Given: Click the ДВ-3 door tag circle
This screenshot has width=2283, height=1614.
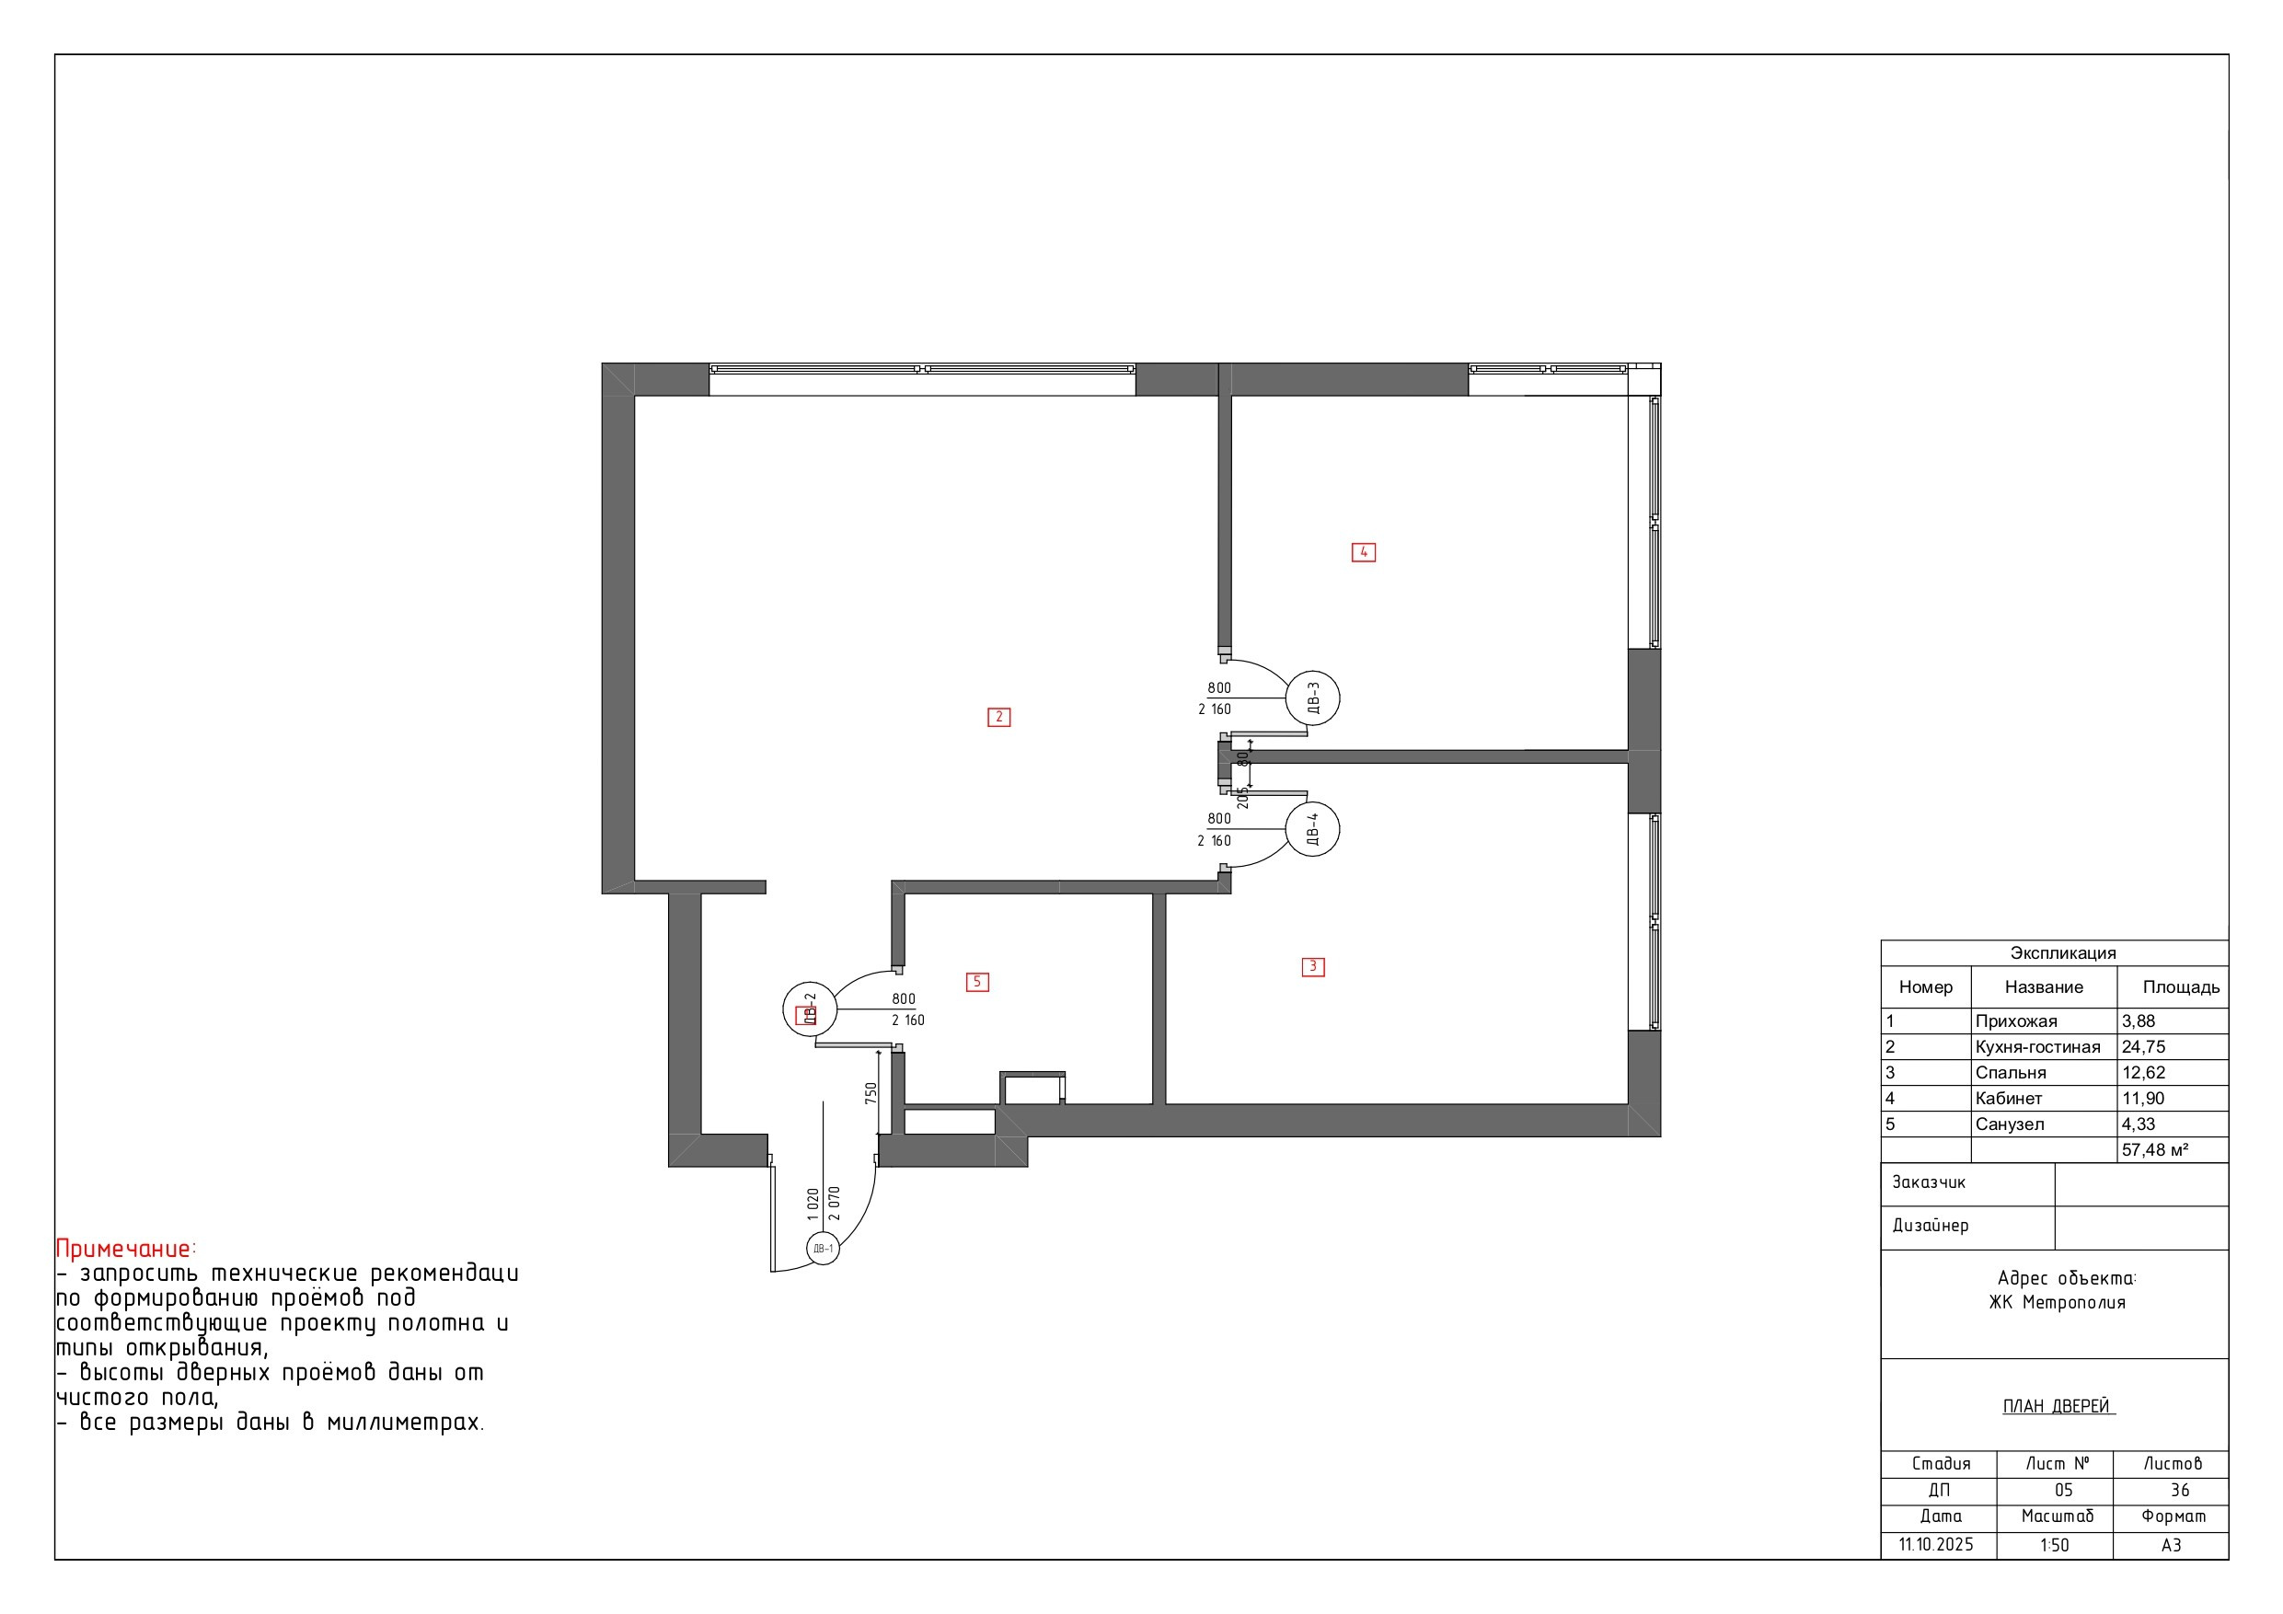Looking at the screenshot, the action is (1312, 698).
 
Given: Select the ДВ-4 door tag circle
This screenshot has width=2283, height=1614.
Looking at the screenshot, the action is (1312, 829).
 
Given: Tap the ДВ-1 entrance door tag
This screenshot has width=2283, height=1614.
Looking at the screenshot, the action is (823, 1248).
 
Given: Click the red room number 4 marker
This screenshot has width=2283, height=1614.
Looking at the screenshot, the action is (1363, 552).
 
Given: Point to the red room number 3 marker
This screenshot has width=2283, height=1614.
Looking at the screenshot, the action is (1312, 966).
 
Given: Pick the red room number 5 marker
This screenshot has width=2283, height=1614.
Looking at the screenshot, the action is (977, 983).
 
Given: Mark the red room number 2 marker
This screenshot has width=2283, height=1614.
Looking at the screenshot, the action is (999, 717).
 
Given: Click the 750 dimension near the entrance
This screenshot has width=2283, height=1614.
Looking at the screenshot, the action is (871, 1094).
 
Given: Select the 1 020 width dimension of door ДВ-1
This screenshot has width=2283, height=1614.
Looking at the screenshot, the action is (813, 1205).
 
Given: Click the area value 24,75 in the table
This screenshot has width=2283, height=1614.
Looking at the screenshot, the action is (2144, 1047).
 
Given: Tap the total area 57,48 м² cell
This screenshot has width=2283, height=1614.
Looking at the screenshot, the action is (2156, 1150).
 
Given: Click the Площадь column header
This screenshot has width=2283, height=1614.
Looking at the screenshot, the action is (2181, 987).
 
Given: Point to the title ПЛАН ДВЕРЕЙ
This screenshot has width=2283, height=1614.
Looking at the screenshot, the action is (2058, 1406).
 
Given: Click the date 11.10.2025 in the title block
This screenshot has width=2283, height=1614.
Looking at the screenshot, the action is (1935, 1545).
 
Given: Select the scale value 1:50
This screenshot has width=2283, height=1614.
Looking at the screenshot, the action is (2054, 1545).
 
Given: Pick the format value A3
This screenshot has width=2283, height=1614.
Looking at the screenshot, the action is (2172, 1545).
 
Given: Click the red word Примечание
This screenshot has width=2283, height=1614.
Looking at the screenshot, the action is (123, 1249).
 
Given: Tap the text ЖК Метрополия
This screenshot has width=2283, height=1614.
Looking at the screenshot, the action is (2058, 1303).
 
